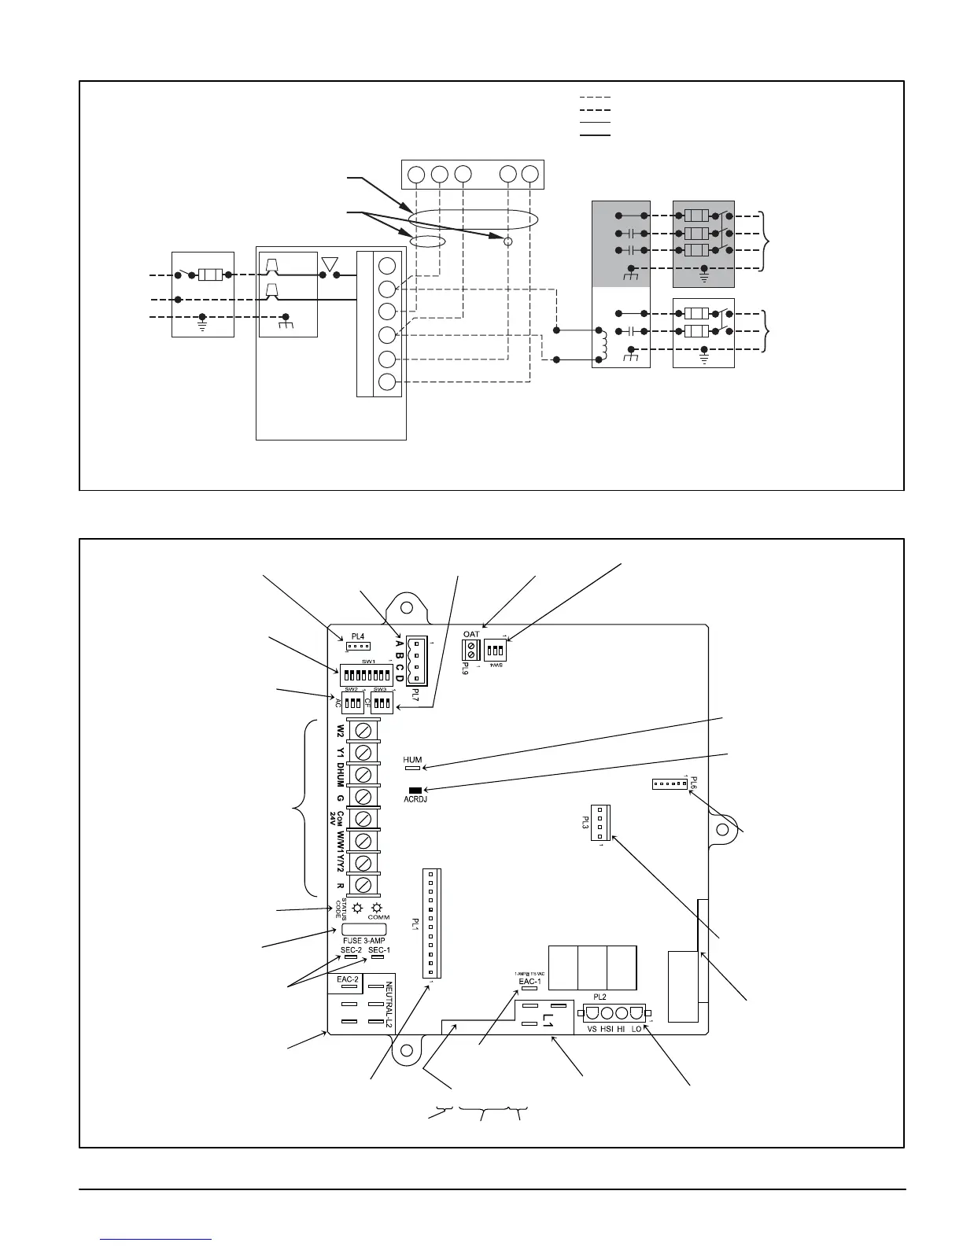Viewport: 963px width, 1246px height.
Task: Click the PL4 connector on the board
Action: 358,647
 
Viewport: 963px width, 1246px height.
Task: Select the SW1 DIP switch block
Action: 367,675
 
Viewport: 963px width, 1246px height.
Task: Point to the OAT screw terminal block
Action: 470,650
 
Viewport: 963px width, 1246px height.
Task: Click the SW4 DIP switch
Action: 496,651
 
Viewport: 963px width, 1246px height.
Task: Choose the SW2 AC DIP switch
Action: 353,702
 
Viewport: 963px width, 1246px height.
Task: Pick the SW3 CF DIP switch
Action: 382,702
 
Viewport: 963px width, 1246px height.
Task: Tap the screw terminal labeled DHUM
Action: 364,773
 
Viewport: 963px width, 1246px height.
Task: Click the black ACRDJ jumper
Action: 415,790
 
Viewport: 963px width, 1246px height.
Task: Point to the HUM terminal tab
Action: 412,768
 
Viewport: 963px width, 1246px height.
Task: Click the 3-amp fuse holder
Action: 364,929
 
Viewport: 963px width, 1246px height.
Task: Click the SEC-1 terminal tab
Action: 378,958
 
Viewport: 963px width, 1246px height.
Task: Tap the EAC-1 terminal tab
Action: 529,990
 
